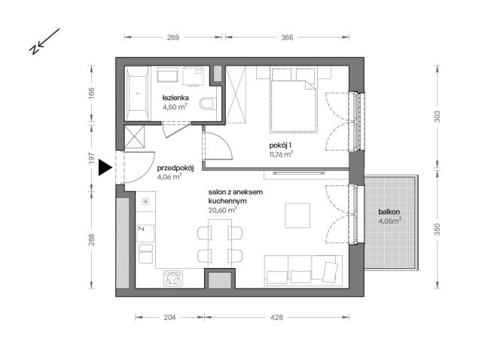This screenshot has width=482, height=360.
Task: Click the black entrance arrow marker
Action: (105, 169)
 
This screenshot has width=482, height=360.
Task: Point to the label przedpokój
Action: (175, 169)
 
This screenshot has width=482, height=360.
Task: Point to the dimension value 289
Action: (172, 37)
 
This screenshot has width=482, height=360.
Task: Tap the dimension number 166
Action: (91, 94)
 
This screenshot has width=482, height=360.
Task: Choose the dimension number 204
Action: (169, 318)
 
